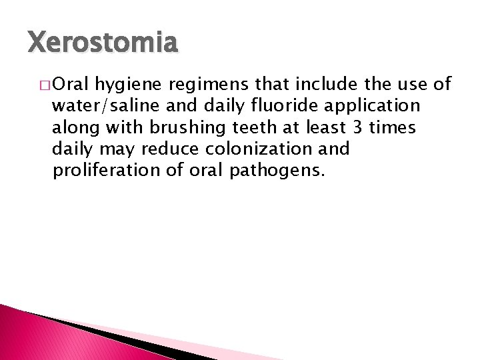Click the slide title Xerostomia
103,43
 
